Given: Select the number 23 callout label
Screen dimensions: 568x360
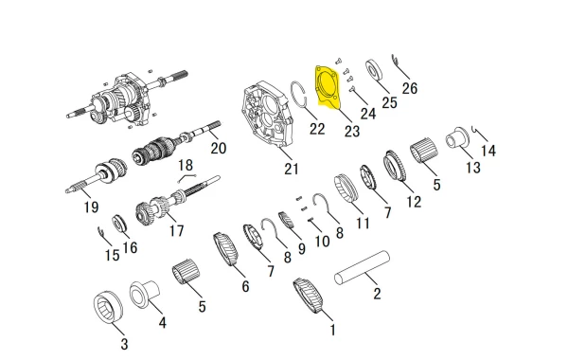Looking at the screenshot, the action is (352, 132).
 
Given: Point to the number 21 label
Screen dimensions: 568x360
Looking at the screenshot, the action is (292, 169).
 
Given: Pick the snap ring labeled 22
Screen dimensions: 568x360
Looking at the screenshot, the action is (299, 94).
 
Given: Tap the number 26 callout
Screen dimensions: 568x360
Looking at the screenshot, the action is (410, 88).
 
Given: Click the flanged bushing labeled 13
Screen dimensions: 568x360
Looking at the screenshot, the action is (457, 137).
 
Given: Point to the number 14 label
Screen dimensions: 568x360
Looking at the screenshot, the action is (488, 151).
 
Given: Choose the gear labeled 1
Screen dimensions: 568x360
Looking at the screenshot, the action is (308, 296).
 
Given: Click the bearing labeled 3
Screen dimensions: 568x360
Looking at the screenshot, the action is (108, 308).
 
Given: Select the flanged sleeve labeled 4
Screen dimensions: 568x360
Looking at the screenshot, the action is (144, 295).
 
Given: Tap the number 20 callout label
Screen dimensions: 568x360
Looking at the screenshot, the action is (219, 148).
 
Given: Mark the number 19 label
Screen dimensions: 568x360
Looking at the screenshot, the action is (91, 207).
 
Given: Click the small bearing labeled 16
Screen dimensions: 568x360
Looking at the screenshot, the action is (119, 224).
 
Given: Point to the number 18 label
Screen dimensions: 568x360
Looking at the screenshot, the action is (186, 166).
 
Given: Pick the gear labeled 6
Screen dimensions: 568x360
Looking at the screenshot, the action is (225, 249).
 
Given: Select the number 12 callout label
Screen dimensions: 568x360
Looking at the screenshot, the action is (414, 202).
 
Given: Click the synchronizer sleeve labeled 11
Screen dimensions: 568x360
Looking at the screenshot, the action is (346, 189).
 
